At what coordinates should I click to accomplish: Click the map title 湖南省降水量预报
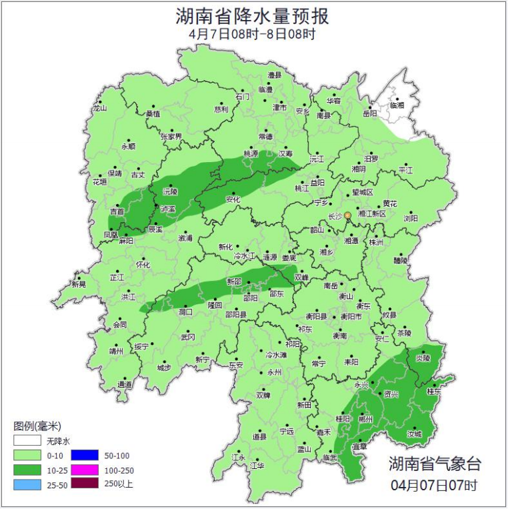[253, 15]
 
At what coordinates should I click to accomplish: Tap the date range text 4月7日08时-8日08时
[253, 33]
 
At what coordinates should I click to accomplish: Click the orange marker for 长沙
[347, 215]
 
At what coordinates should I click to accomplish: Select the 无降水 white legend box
[27, 441]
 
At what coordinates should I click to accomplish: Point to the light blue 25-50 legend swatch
[27, 484]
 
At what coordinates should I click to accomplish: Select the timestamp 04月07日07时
[434, 485]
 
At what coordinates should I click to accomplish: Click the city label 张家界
[171, 136]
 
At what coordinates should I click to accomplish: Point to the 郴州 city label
[384, 419]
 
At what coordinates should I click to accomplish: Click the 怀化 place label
[143, 264]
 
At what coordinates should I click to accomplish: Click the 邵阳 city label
[251, 298]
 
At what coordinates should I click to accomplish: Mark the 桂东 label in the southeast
[433, 392]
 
